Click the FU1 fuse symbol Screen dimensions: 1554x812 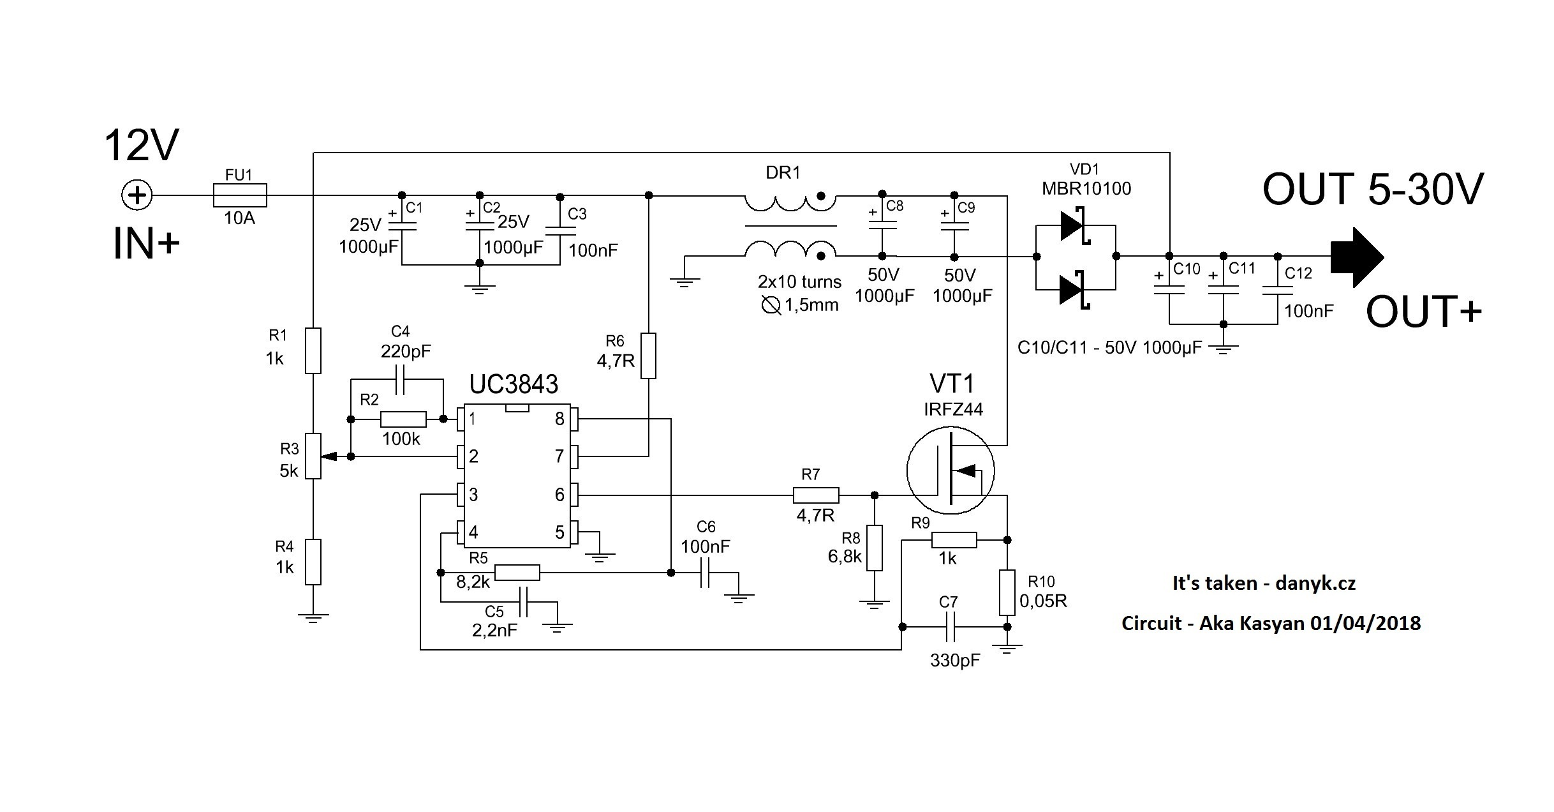coord(239,195)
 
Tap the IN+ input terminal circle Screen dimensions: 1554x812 coord(137,195)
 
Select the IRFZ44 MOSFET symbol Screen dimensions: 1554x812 coord(951,470)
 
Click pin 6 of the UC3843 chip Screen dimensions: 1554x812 coord(573,494)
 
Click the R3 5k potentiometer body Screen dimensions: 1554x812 coord(313,456)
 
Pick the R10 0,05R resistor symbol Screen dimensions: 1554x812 coord(1007,592)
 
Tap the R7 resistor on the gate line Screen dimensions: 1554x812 coord(816,495)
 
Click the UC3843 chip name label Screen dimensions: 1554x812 coord(514,384)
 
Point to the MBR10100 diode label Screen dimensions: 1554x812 coord(1086,188)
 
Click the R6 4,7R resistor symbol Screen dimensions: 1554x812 coord(648,356)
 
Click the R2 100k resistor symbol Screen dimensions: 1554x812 coord(403,419)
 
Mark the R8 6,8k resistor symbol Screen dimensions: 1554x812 coord(875,548)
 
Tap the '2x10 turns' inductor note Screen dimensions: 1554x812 coord(799,282)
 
